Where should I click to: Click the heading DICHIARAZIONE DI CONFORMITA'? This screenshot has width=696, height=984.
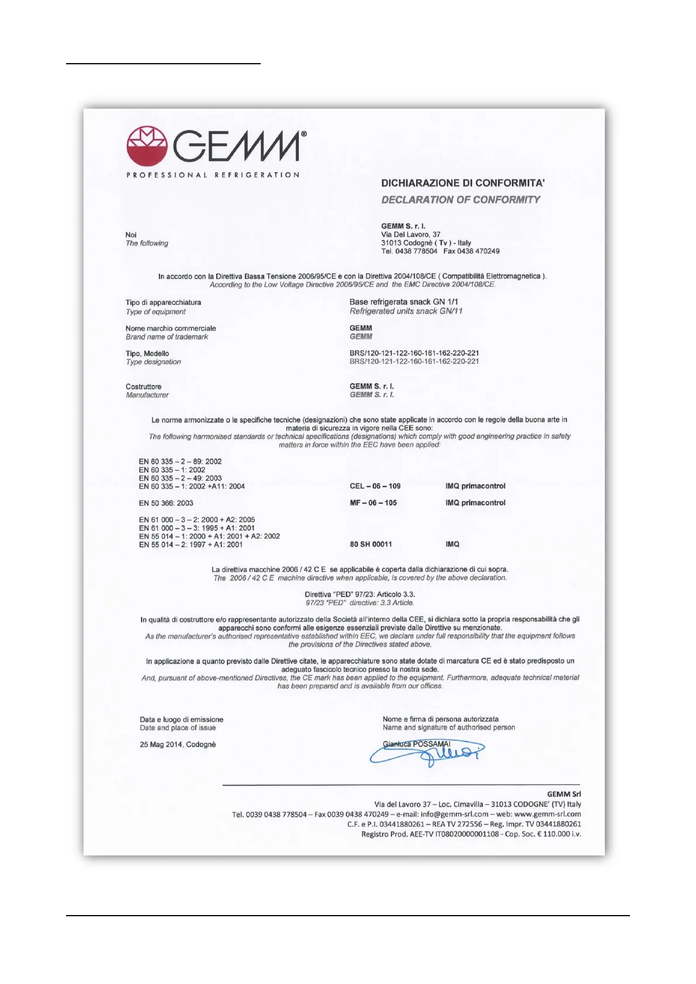(x=463, y=183)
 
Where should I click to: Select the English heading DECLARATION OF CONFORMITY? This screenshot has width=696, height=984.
(x=460, y=200)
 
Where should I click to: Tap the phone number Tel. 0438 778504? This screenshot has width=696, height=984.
(x=409, y=251)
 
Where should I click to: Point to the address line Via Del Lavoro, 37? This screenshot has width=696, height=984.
(x=411, y=234)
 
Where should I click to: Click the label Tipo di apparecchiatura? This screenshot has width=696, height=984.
(x=163, y=303)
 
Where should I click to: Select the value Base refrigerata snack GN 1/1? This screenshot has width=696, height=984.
(x=404, y=302)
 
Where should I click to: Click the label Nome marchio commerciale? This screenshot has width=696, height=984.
(x=171, y=328)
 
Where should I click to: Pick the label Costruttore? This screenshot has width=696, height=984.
(x=143, y=387)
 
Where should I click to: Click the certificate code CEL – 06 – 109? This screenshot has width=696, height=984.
(x=375, y=486)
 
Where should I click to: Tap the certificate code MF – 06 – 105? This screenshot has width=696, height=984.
(x=373, y=503)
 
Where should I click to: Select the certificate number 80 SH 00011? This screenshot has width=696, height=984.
(x=371, y=545)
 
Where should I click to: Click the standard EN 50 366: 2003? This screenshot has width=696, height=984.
(x=166, y=503)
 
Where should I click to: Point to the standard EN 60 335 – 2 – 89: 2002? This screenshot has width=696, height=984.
(x=180, y=462)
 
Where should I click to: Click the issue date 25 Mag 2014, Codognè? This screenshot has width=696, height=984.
(x=178, y=744)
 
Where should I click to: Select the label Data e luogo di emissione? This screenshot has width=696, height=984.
(x=181, y=720)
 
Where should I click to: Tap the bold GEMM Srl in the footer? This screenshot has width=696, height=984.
(x=564, y=794)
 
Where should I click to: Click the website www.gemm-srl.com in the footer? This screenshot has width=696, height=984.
(x=548, y=814)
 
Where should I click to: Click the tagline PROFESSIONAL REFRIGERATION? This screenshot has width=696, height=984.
(x=213, y=175)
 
